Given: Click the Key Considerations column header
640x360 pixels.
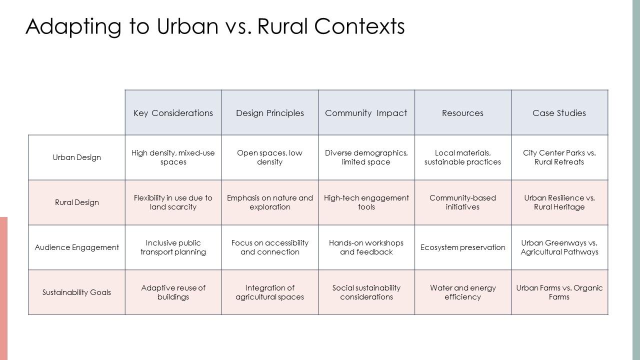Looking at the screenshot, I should (173, 113).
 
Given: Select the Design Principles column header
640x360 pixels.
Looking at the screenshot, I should (270, 113).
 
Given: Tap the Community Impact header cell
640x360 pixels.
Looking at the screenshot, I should (366, 113).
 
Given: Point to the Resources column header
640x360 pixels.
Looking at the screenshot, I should (462, 113).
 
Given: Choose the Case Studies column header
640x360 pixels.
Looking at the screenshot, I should (559, 113).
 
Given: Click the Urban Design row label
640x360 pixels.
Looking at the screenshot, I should (76, 157).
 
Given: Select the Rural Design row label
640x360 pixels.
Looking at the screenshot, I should (76, 202).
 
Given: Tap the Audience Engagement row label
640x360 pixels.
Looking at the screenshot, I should (76, 247).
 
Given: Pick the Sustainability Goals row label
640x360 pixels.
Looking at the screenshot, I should (76, 292).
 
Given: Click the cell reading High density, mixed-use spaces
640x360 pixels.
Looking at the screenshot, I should (173, 157).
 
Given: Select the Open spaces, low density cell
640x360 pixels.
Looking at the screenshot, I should (270, 157).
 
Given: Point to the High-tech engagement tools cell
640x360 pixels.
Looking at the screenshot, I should (366, 202).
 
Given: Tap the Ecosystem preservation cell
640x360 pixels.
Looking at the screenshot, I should (462, 247).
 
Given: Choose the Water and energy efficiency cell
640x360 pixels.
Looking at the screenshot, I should (462, 292).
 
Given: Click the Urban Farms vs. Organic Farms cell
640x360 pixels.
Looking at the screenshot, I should (559, 292).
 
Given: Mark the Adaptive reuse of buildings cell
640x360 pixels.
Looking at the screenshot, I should (173, 292).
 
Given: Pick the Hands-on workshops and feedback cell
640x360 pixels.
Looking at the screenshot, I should (366, 247).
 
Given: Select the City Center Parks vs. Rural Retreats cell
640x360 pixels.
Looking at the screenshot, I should (559, 157).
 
